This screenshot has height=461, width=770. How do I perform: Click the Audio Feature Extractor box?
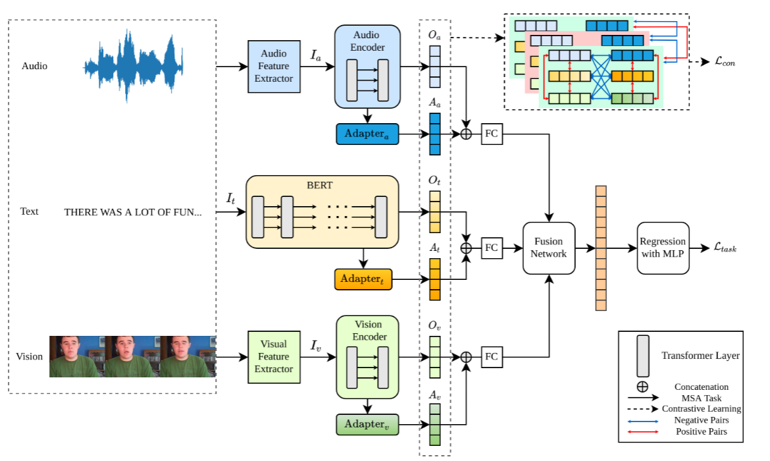(274, 66)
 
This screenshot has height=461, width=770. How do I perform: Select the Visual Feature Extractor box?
(274, 356)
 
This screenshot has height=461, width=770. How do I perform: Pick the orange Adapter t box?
(363, 279)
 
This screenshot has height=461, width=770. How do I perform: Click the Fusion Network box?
(549, 248)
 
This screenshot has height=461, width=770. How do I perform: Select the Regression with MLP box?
(663, 248)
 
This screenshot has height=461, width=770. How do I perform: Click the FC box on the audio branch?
(492, 134)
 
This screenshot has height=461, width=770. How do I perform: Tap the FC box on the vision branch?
(492, 357)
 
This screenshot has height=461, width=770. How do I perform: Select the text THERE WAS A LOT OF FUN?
(133, 212)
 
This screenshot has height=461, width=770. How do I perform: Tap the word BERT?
(322, 186)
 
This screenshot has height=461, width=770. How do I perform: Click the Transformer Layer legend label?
(700, 356)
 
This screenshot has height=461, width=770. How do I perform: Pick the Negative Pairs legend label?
(700, 420)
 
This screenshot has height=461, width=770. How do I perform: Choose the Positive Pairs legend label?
(700, 431)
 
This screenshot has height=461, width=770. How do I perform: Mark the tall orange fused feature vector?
(600, 248)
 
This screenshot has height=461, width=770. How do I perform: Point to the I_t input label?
(231, 197)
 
